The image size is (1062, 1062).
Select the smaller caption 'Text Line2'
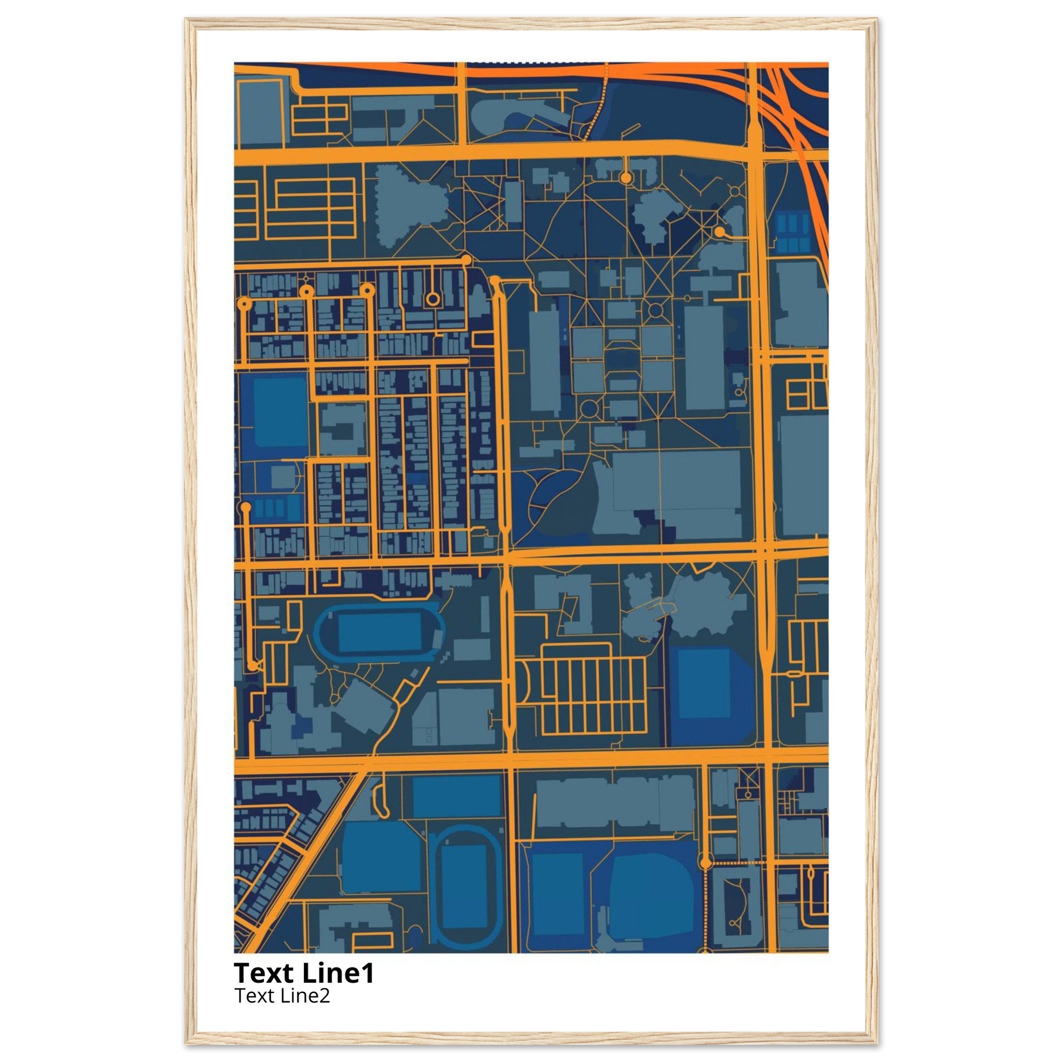[x=282, y=995]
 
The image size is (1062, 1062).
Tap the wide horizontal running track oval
[x=379, y=632]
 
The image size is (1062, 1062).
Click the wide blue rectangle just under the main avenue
[x=456, y=795]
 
